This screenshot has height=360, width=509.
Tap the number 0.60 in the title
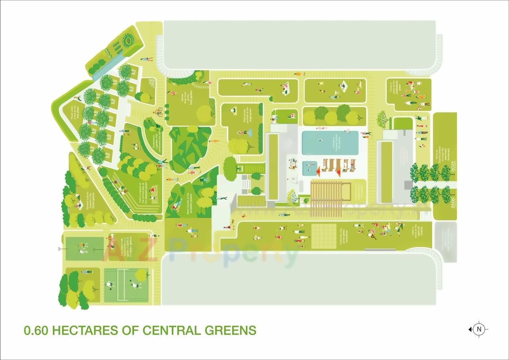pos(37,330)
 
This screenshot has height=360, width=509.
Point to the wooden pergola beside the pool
pos(331,199)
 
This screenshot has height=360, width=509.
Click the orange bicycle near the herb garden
pos(159,112)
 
